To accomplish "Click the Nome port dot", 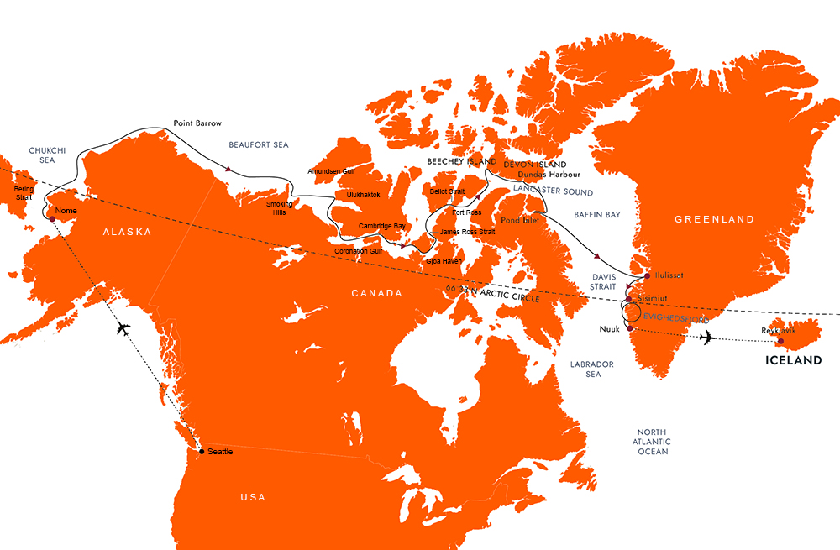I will (52, 219).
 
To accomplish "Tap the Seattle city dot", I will (201, 452).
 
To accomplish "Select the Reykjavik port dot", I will (780, 341).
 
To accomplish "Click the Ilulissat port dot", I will (647, 276).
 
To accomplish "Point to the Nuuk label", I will (610, 328).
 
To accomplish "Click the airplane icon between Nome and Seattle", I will (123, 327).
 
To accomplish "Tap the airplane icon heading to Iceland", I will (707, 338).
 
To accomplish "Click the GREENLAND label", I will (714, 219).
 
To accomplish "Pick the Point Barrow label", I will (197, 123).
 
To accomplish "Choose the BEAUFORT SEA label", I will (259, 145).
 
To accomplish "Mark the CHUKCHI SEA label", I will (42, 155).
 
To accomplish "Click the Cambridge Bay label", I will (382, 226).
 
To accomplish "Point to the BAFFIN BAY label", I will (597, 215).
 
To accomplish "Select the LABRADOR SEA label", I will (592, 369).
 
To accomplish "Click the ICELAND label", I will (791, 360).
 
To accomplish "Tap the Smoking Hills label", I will (280, 208).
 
